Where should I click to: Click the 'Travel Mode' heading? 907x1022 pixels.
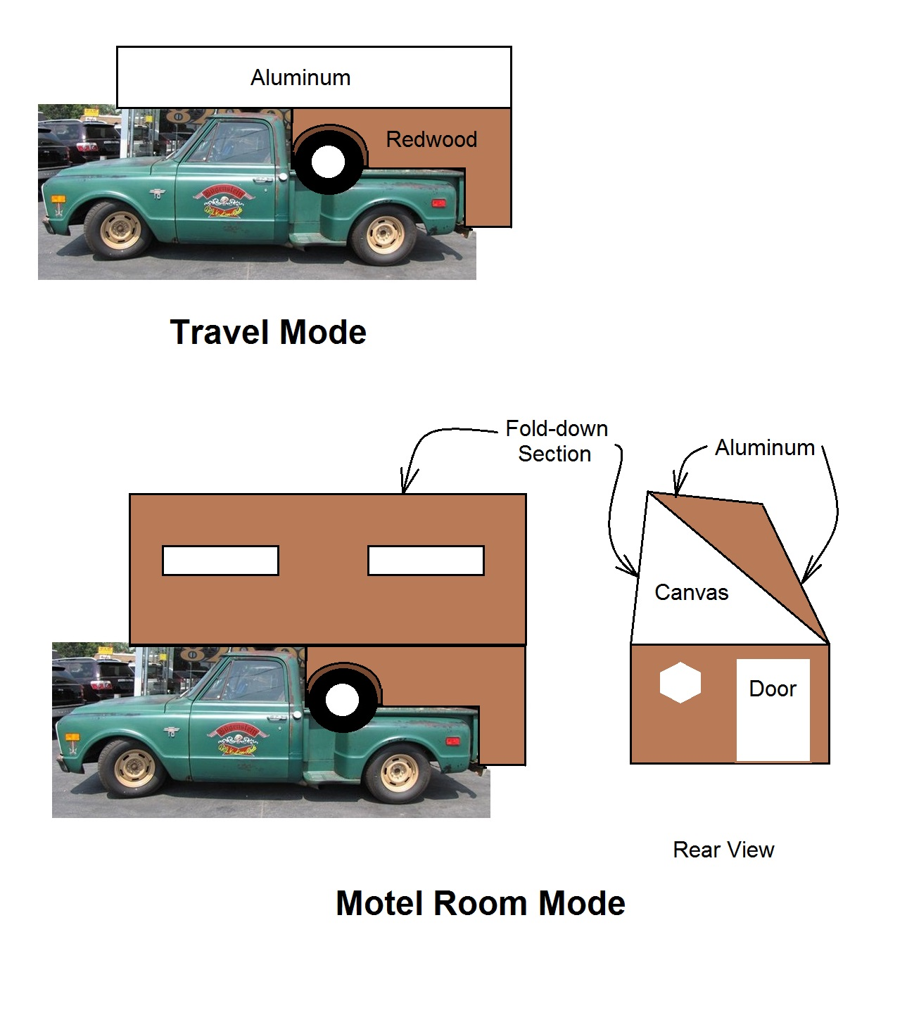pyautogui.click(x=268, y=332)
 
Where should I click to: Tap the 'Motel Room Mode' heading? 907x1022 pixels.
pyautogui.click(x=480, y=903)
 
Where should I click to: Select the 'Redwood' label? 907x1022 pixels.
pyautogui.click(x=431, y=139)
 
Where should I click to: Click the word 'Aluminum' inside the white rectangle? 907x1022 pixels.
pyautogui.click(x=300, y=77)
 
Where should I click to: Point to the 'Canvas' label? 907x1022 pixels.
pyautogui.click(x=691, y=592)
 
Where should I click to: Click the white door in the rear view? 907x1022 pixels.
pyautogui.click(x=773, y=710)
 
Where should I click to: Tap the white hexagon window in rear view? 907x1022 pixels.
pyautogui.click(x=680, y=683)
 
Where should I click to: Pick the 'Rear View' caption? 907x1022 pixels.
pyautogui.click(x=723, y=850)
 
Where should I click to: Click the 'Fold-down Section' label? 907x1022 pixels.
pyautogui.click(x=556, y=441)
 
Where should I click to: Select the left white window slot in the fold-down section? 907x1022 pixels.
pyautogui.click(x=220, y=561)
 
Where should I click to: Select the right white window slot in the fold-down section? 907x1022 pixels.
pyautogui.click(x=426, y=561)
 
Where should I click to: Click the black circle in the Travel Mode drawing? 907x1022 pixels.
pyautogui.click(x=328, y=162)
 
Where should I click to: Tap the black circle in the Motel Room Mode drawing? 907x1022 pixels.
pyautogui.click(x=343, y=701)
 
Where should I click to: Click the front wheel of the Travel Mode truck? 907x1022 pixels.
pyautogui.click(x=118, y=229)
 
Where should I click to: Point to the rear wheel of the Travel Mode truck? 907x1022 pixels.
pyautogui.click(x=384, y=235)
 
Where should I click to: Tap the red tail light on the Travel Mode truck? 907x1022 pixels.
pyautogui.click(x=438, y=203)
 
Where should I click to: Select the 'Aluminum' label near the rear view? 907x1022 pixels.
pyautogui.click(x=764, y=447)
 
